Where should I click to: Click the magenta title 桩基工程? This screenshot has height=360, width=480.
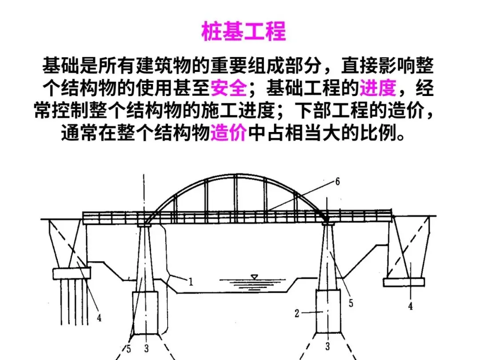pyautogui.click(x=244, y=32)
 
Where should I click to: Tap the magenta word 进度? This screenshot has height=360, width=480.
pyautogui.click(x=378, y=88)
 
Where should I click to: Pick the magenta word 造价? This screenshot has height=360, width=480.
pyautogui.click(x=228, y=133)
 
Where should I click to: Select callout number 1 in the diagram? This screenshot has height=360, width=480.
pyautogui.click(x=191, y=281)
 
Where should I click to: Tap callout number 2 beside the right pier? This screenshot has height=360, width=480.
pyautogui.click(x=296, y=313)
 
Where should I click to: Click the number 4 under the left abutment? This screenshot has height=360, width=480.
pyautogui.click(x=99, y=318)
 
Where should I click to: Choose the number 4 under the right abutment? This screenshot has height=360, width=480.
pyautogui.click(x=410, y=306)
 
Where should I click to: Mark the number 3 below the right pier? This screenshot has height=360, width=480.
pyautogui.click(x=328, y=346)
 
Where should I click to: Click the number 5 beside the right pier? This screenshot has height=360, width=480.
pyautogui.click(x=351, y=304)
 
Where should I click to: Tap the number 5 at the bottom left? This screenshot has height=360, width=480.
pyautogui.click(x=128, y=348)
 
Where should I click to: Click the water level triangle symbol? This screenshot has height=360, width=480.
pyautogui.click(x=254, y=276)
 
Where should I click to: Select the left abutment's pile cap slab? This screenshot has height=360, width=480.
pyautogui.click(x=72, y=272)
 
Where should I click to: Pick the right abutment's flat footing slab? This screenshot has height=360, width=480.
pyautogui.click(x=404, y=281)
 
